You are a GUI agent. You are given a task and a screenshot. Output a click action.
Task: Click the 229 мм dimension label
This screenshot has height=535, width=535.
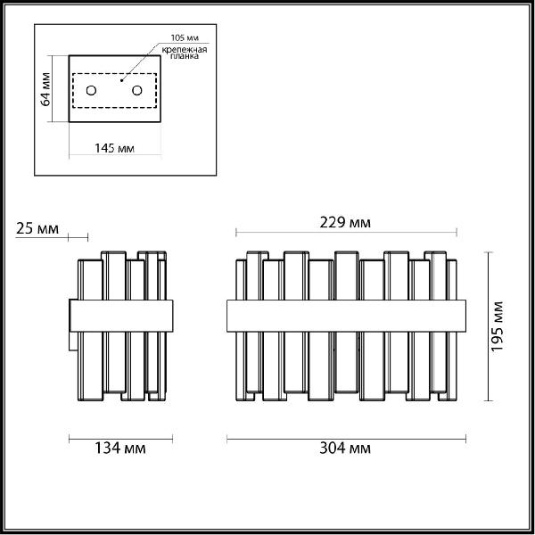pos(345,222)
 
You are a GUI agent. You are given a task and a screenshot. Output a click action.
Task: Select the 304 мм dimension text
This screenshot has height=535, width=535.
pos(345,448)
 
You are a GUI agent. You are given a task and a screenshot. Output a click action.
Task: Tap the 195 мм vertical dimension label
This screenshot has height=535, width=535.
pos(497,326)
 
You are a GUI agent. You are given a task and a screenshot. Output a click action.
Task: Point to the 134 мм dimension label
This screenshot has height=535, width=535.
pos(119,448)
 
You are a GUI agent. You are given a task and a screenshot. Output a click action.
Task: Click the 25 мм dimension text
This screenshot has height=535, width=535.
pos(37,228)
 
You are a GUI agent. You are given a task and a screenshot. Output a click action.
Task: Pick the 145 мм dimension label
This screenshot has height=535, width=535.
pos(114,148)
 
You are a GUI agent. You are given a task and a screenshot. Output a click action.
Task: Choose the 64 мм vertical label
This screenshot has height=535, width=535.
pos(45,89)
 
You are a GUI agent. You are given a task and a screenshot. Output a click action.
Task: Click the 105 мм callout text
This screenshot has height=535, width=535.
pos(185,37)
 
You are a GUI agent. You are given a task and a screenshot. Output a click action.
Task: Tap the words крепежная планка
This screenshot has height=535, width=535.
pos(185,53)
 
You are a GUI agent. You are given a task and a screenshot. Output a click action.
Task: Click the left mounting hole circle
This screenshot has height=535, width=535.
pos(91,90)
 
